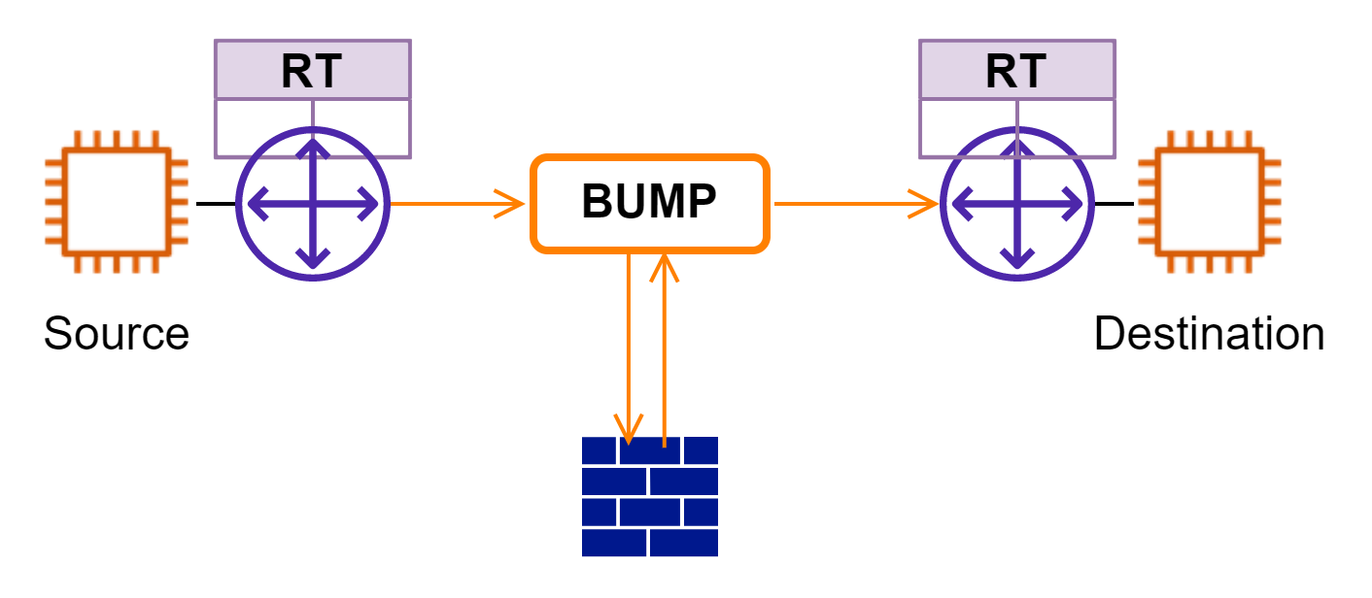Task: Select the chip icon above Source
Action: click(x=117, y=202)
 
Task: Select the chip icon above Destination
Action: click(x=1210, y=202)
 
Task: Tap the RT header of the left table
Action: click(x=312, y=71)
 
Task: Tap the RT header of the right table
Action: click(x=1016, y=71)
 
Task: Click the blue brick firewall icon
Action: click(x=649, y=496)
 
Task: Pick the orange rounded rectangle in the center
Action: click(x=649, y=204)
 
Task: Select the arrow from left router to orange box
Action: click(x=457, y=204)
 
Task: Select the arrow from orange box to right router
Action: click(x=855, y=204)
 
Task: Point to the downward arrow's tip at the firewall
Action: click(x=629, y=437)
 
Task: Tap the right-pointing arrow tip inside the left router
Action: click(x=373, y=204)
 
